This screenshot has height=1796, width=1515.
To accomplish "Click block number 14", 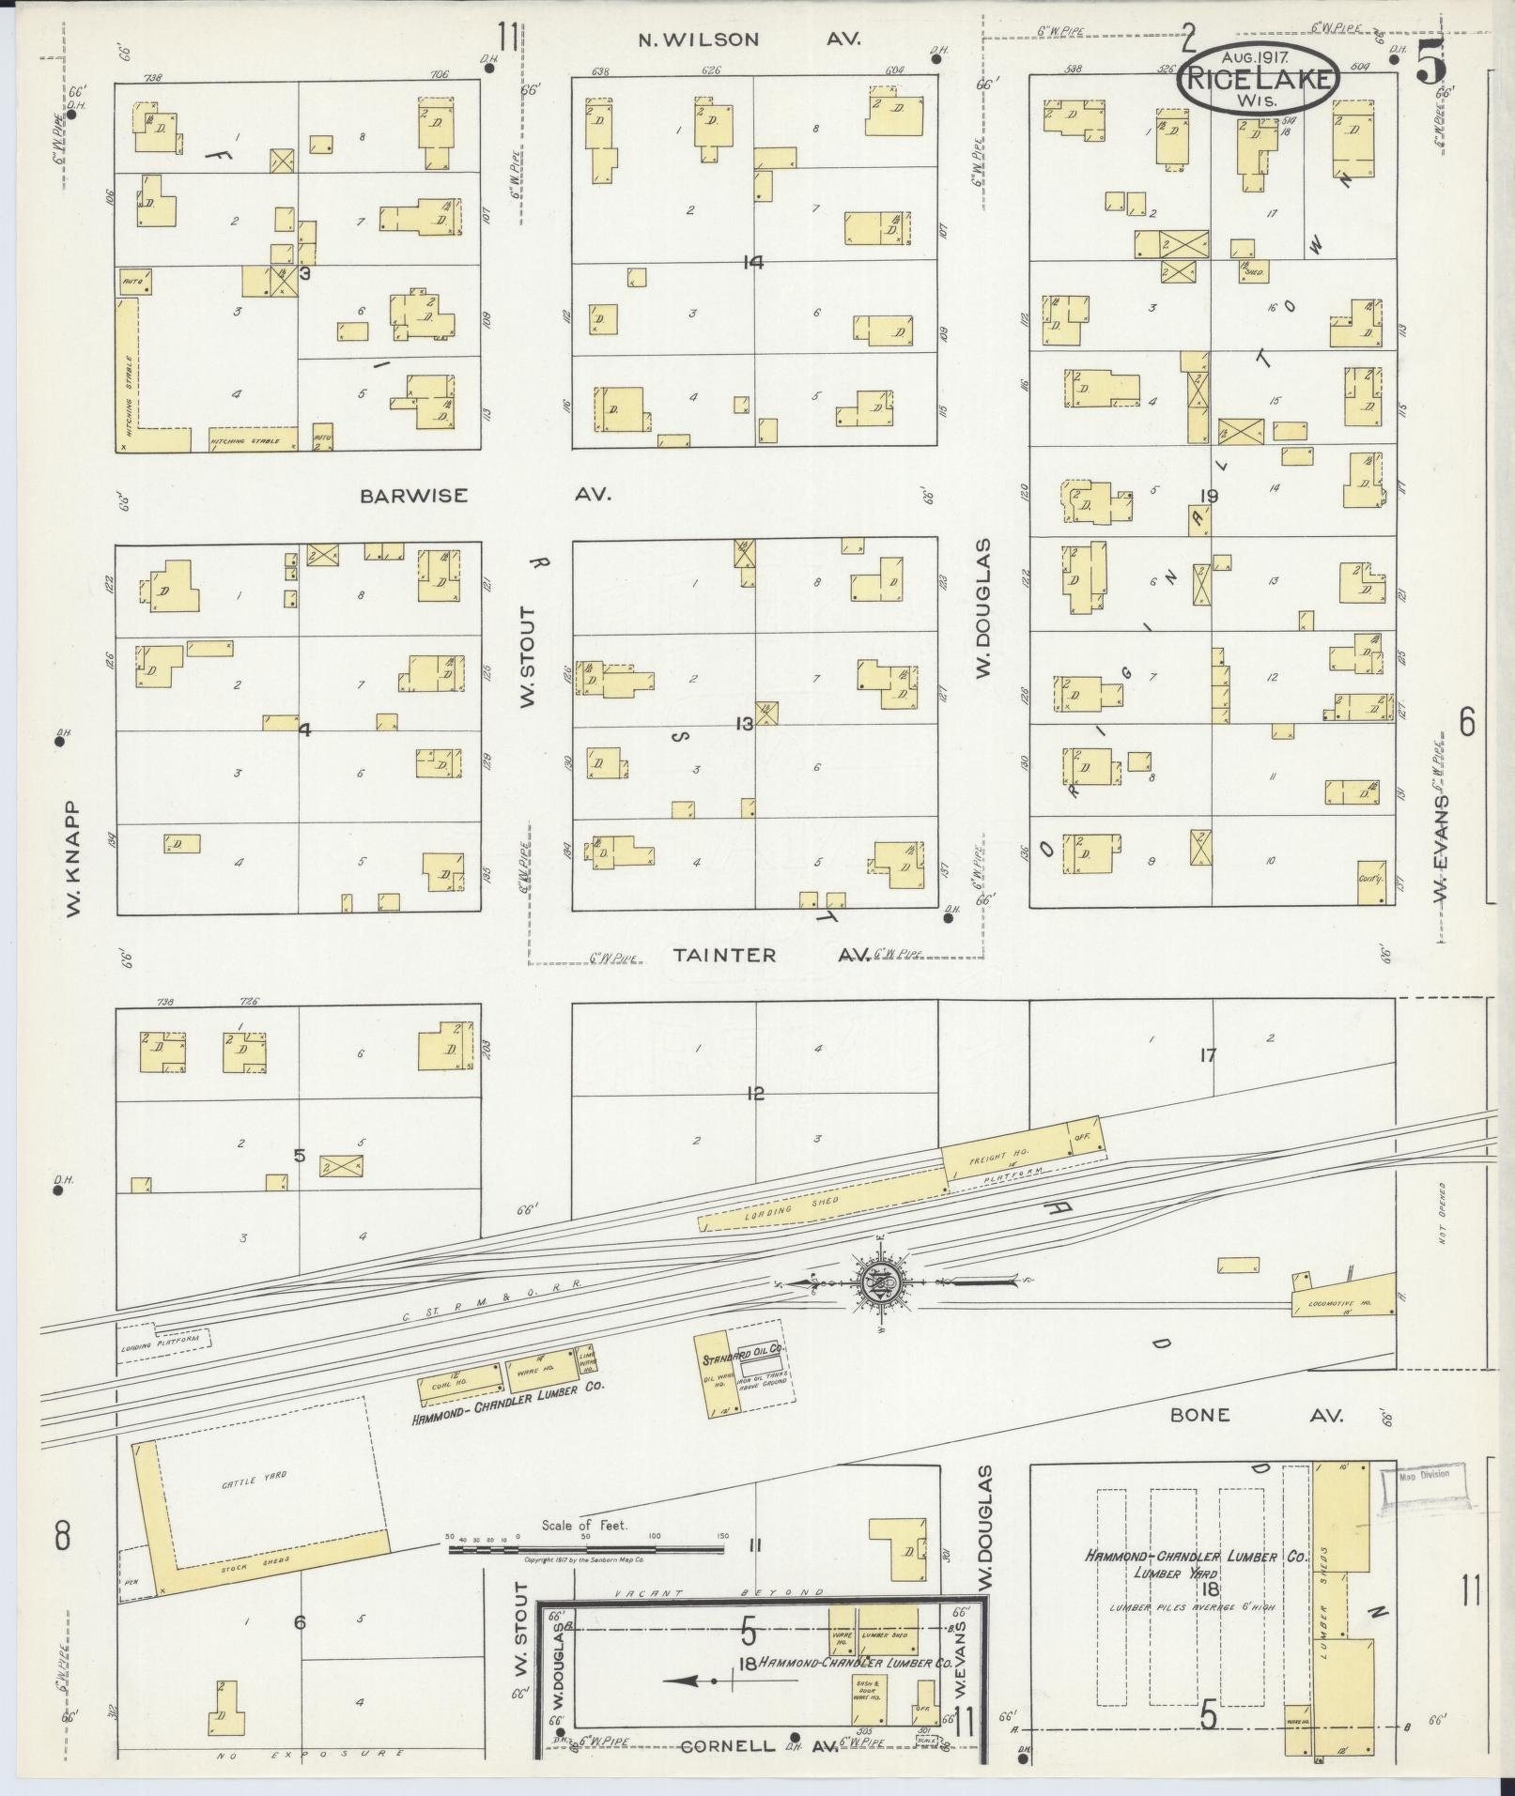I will point(752,263).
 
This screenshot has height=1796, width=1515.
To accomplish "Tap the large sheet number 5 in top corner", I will point(1432,66).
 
